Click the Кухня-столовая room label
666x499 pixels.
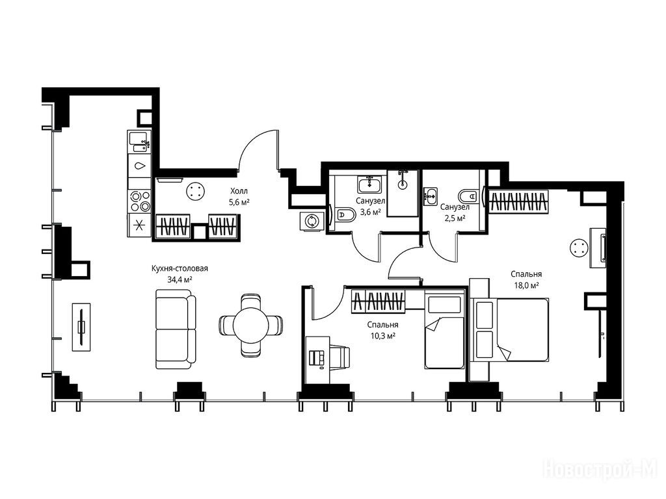180,268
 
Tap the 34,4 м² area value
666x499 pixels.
180,279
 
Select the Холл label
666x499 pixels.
239,191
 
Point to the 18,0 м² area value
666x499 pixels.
527,285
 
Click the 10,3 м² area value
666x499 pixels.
382,335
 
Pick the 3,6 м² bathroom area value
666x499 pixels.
370,211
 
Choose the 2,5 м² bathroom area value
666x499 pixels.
455,218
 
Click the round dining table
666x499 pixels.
250,325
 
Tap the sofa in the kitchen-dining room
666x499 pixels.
176,329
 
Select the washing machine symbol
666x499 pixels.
312,221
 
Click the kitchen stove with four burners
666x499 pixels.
140,201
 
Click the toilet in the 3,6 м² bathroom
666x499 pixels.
345,215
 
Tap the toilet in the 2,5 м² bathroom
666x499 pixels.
470,196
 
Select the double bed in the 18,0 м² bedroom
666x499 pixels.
512,330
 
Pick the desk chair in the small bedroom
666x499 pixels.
340,357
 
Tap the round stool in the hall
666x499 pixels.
195,191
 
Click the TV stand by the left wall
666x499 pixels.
81,327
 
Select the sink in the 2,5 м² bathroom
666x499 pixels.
431,196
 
